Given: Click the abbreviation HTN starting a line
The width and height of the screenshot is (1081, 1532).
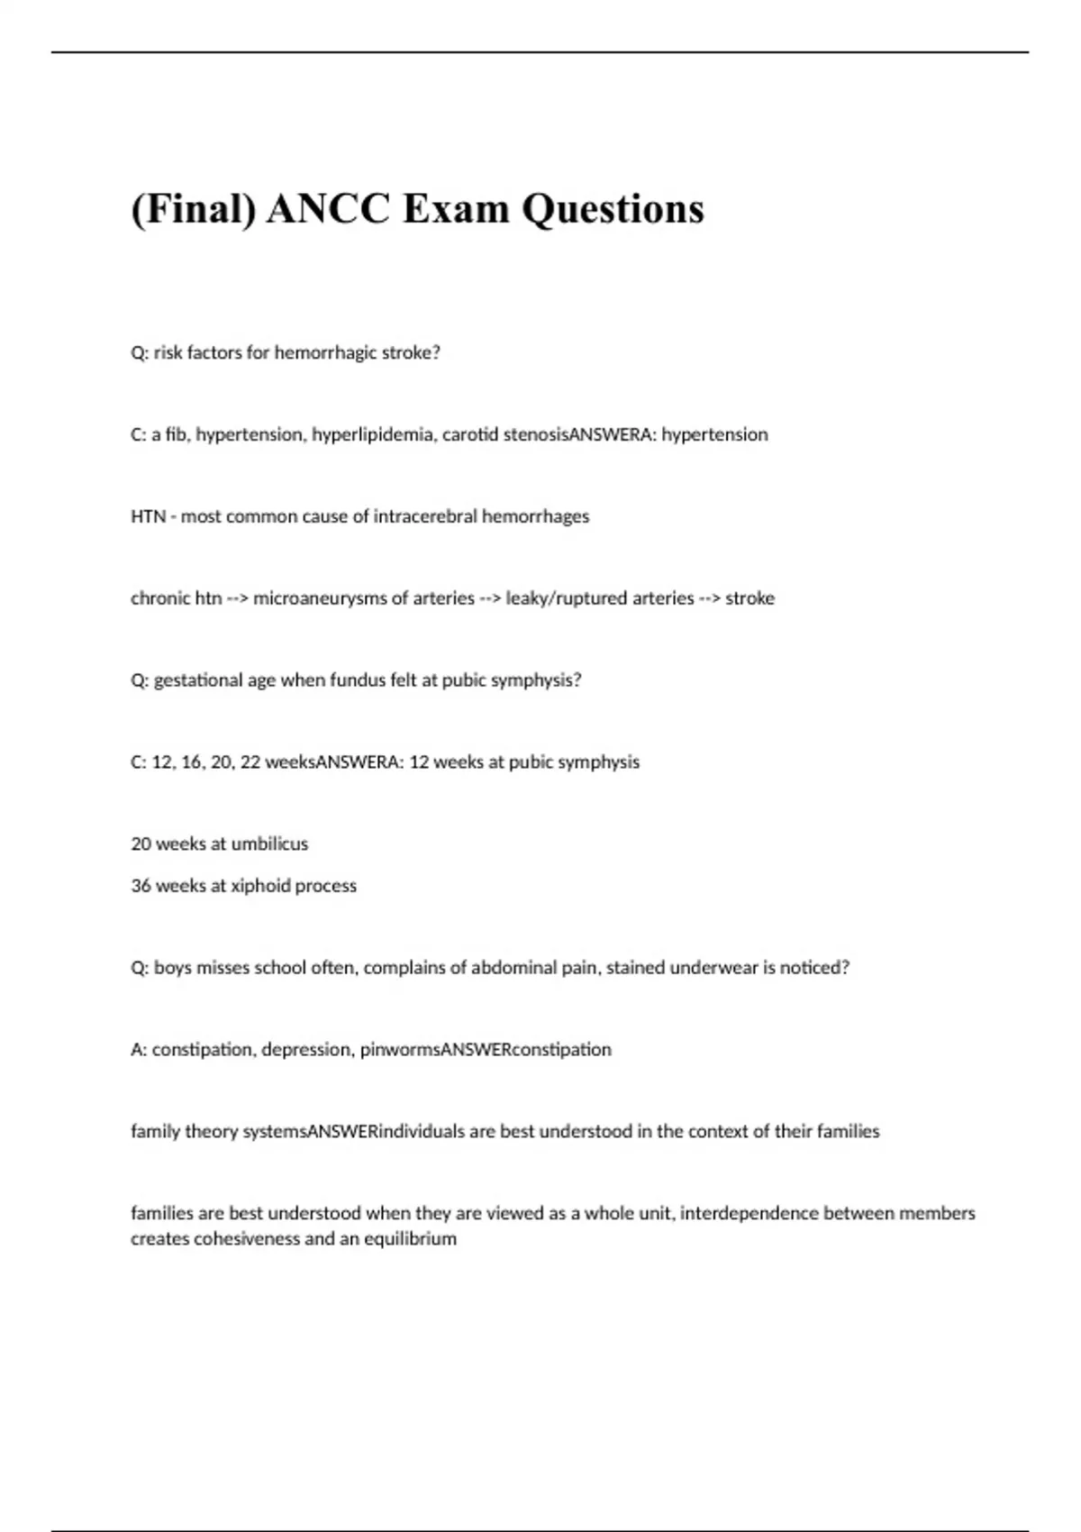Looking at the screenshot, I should (148, 516).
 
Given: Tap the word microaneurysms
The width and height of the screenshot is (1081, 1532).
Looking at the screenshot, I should (320, 598).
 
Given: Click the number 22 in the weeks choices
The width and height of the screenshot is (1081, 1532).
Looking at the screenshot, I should (250, 762).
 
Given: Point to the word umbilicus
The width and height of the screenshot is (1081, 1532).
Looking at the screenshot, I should (269, 844).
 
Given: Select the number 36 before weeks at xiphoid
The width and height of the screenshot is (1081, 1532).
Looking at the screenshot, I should (141, 886).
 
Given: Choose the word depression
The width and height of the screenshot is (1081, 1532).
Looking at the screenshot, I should (306, 1050).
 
